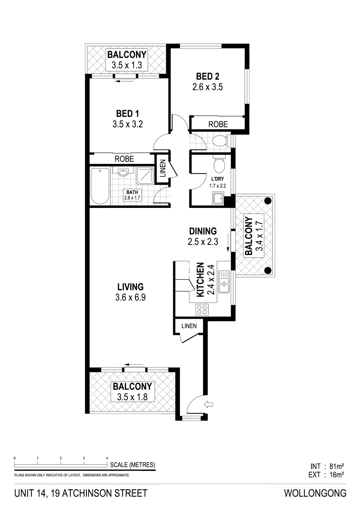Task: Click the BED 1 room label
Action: click(127, 114)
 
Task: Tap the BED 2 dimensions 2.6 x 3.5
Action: click(207, 87)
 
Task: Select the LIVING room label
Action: click(131, 287)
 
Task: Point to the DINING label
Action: click(203, 231)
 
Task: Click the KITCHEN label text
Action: click(200, 280)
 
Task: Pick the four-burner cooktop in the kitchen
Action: click(202, 309)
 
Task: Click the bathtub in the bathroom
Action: click(100, 186)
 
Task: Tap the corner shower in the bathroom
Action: click(144, 176)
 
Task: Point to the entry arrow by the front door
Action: click(209, 404)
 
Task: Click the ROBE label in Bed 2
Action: click(218, 124)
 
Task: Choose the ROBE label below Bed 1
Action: click(124, 159)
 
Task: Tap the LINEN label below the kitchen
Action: click(189, 326)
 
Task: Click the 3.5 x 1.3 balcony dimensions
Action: click(127, 65)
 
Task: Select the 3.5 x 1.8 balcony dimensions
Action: click(132, 397)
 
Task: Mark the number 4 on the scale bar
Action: click(107, 458)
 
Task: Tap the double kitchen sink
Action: click(224, 282)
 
